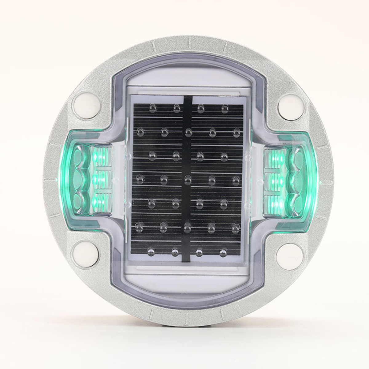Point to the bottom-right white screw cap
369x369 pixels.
288,253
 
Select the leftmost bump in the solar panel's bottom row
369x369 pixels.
151,252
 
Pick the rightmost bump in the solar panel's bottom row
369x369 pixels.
224,252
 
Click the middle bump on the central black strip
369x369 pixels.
188,178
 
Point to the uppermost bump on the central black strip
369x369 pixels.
188,132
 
